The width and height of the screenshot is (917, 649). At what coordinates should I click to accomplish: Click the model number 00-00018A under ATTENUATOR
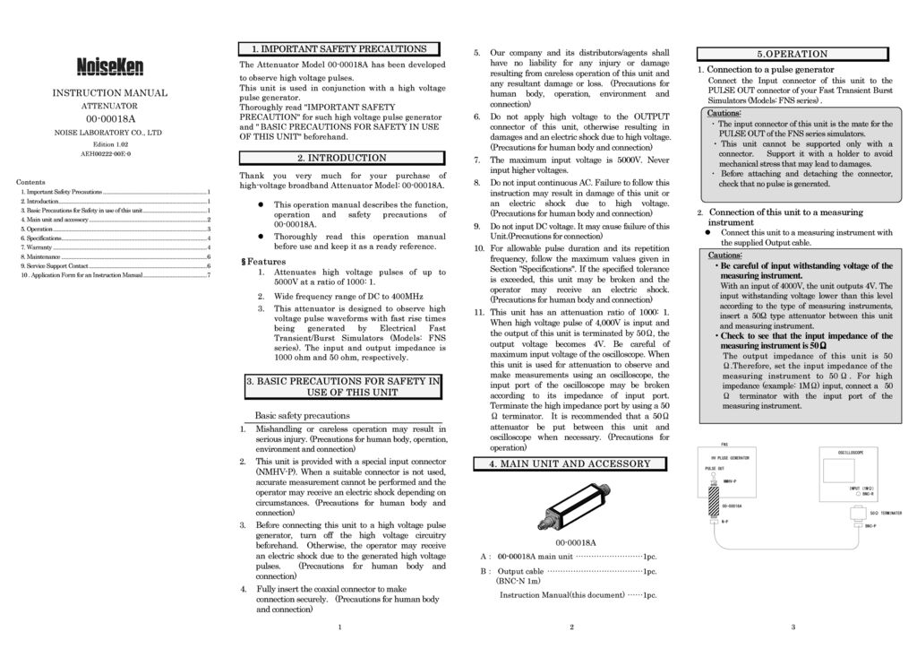pos(110,118)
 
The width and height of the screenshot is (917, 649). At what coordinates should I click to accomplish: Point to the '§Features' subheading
pos(263,261)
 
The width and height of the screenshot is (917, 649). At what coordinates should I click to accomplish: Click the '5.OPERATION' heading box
pos(792,54)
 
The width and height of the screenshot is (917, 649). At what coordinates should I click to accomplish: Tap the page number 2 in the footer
pos(571,627)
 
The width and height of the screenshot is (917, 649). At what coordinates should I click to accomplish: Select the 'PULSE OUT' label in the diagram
pos(714,468)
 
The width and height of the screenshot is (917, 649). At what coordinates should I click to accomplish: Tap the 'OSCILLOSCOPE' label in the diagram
pos(851,453)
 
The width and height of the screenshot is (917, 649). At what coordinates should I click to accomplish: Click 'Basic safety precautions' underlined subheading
pos(302,416)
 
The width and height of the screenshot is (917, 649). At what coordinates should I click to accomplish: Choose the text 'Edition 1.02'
pos(110,144)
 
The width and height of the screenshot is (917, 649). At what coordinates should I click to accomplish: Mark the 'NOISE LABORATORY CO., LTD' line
pos(108,133)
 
